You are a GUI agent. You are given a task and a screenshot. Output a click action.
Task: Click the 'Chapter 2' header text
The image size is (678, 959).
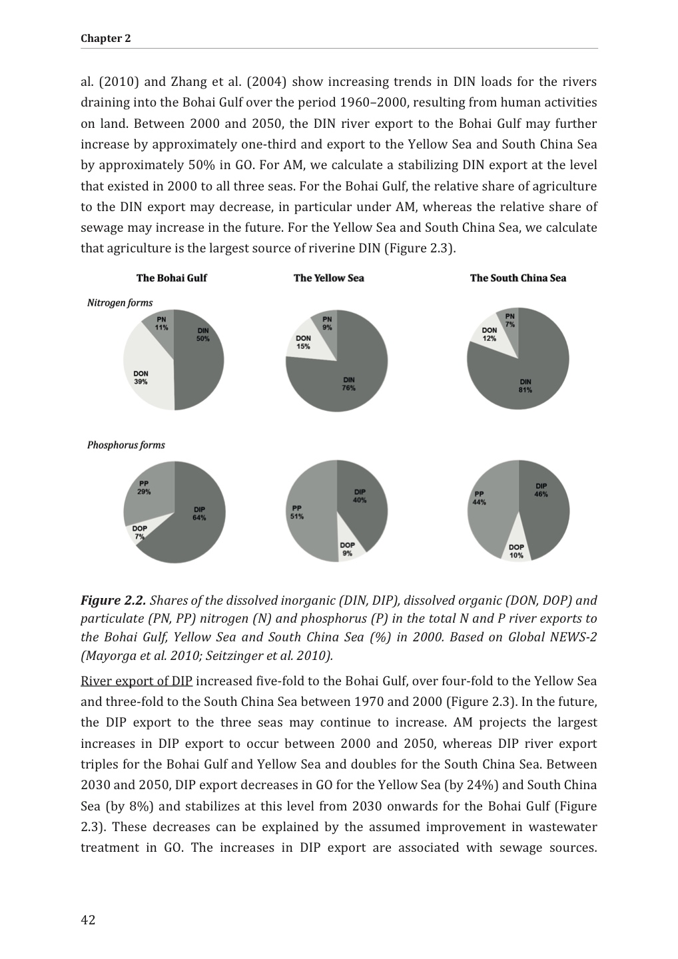[x=106, y=39]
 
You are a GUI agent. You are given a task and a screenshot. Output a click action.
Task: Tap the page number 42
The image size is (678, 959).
[x=88, y=920]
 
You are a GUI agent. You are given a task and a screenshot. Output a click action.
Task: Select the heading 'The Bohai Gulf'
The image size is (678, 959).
[x=171, y=278]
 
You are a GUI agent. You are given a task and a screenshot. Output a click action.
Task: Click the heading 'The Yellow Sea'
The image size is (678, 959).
[x=328, y=278]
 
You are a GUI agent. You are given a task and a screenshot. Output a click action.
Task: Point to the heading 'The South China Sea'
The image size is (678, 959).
[x=517, y=278]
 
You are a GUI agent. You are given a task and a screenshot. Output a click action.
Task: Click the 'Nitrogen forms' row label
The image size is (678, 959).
[x=120, y=303]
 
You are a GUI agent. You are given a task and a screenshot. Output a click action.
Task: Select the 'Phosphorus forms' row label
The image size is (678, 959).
[x=126, y=445]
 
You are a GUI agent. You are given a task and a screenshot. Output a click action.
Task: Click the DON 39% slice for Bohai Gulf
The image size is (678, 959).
[x=143, y=373]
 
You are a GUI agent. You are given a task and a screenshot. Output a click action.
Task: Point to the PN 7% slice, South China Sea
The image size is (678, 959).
[x=509, y=318]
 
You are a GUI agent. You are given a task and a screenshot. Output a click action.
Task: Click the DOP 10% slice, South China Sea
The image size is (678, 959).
[x=516, y=549]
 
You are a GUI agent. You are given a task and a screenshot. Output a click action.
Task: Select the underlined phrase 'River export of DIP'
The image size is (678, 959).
[x=137, y=681]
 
